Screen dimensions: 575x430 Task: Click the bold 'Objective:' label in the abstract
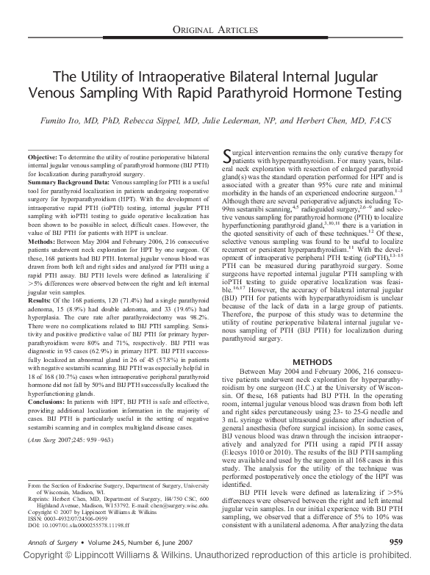pyautogui.click(x=42, y=158)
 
